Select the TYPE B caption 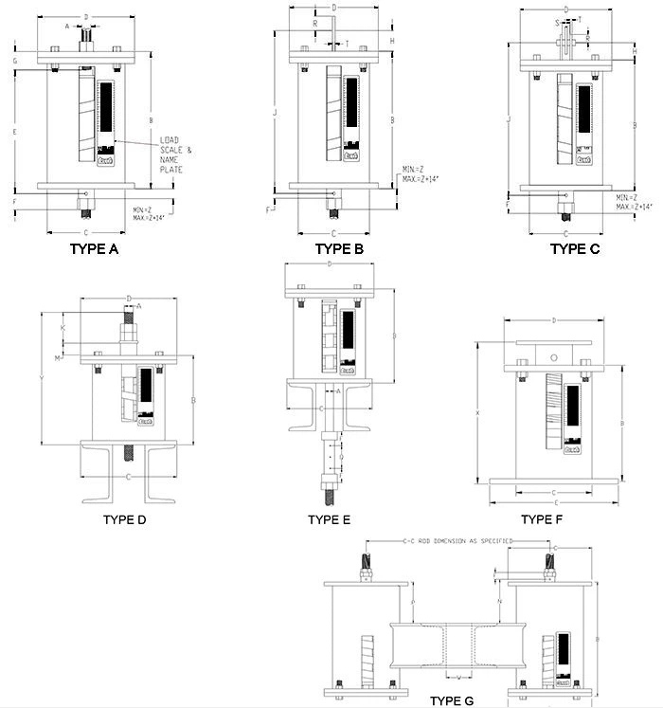coord(339,249)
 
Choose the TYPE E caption coord(330,519)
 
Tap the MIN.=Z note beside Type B coord(414,169)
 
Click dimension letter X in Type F coord(479,412)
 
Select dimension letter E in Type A coord(16,132)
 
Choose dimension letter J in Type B coord(274,114)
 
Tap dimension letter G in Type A coord(16,60)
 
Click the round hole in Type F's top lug coord(554,357)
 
